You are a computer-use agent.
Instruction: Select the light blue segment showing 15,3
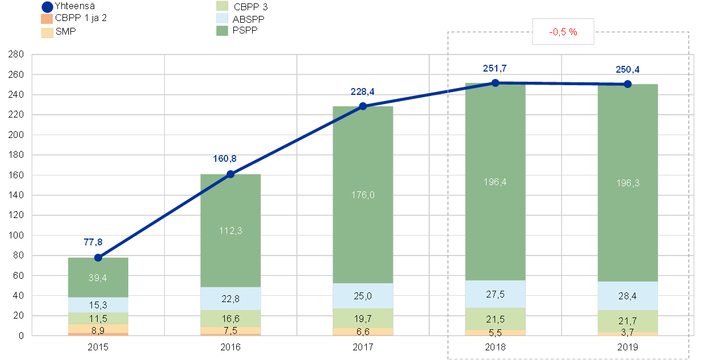[98, 305]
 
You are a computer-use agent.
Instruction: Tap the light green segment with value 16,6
[231, 318]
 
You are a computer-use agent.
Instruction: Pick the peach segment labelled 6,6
[363, 332]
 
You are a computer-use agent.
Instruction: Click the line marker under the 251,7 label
[495, 83]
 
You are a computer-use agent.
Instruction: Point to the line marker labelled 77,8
[98, 257]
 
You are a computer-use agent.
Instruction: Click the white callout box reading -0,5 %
[563, 32]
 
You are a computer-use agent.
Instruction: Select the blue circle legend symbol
[48, 7]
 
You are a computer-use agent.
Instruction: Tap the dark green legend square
[223, 31]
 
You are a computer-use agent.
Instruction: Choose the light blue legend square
[223, 18]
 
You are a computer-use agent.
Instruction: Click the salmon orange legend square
[47, 19]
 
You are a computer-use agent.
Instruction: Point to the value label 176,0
[363, 195]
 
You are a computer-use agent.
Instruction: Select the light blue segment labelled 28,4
[627, 295]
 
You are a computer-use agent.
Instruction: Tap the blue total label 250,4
[627, 70]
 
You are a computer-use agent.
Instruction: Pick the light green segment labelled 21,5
[495, 319]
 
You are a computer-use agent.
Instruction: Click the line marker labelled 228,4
[363, 106]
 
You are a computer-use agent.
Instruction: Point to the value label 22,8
[231, 299]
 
